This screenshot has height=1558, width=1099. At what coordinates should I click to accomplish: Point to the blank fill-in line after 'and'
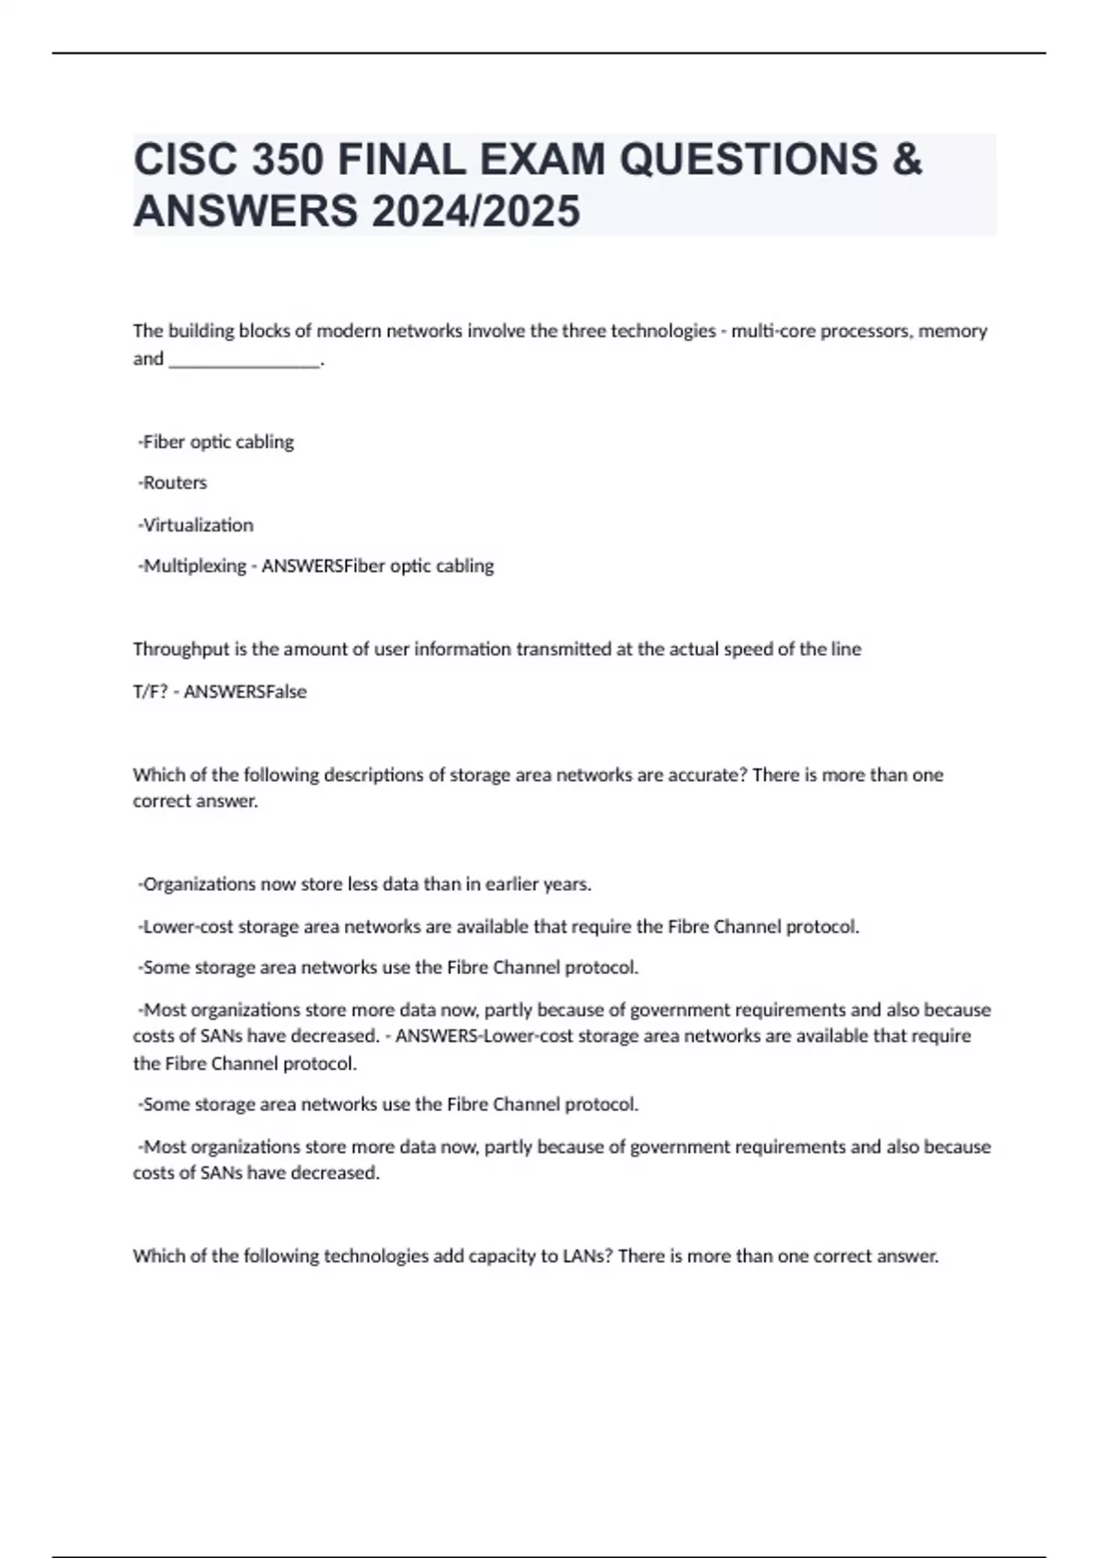click(245, 359)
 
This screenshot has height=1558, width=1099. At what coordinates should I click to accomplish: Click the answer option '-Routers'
click(172, 483)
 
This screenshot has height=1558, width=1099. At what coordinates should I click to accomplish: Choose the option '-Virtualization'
click(195, 525)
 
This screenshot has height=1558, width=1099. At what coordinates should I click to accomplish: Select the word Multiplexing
click(195, 566)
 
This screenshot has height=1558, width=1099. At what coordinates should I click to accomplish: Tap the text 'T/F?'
click(150, 692)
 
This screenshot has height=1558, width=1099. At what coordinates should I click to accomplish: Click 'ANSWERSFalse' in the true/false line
click(245, 692)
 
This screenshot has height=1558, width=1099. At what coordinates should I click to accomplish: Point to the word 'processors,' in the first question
click(864, 331)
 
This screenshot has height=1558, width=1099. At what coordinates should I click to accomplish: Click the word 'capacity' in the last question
click(502, 1256)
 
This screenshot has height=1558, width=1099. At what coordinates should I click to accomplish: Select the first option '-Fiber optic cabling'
click(216, 442)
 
